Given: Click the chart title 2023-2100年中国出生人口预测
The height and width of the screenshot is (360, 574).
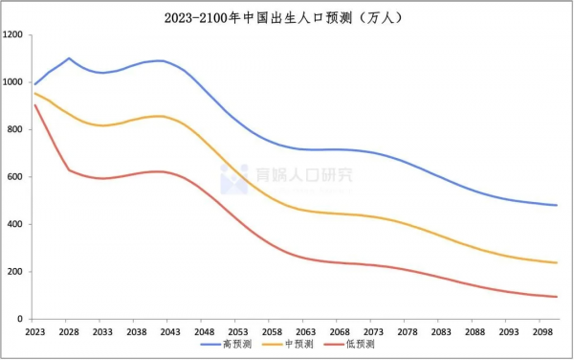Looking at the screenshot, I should (286, 16).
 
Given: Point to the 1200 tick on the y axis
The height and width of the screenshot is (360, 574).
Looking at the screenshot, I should (13, 35).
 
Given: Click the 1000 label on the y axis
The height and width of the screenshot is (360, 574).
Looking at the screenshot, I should (13, 82).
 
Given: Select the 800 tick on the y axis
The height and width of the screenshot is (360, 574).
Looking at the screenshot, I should (15, 130).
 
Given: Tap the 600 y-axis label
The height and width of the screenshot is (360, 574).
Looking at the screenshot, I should (15, 177).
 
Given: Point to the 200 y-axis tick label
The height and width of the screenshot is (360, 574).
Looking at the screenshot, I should (15, 272).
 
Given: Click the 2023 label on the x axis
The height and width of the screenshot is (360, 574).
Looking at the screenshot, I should (35, 330).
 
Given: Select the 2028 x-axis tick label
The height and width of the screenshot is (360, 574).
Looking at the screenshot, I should (69, 330).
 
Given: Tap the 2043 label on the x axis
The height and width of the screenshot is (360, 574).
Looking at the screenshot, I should (169, 330).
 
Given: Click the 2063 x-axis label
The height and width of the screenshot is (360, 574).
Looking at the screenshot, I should (304, 330).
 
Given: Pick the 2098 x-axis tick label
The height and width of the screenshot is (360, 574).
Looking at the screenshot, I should (540, 330).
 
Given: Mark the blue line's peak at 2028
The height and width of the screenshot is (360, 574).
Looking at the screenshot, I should (69, 58).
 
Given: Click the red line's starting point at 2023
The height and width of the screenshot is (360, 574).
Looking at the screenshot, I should (35, 104).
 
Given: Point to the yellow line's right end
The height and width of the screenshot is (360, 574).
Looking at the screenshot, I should (556, 262).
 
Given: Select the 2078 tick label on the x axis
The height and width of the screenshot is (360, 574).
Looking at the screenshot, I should (406, 330).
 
